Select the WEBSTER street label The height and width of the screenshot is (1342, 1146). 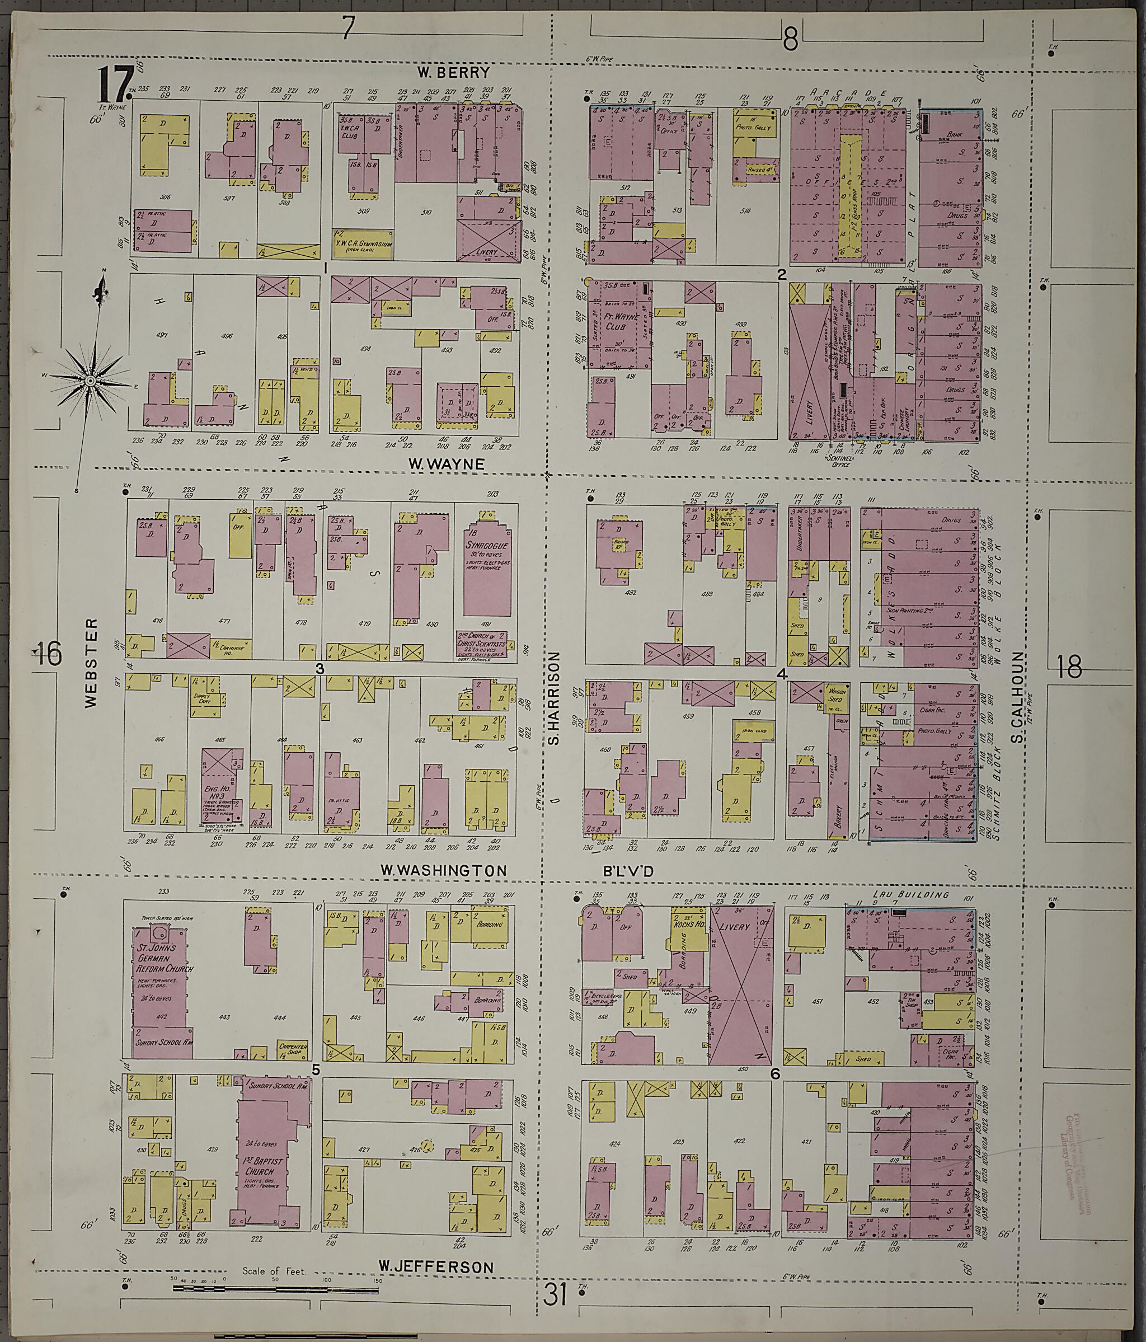point(91,663)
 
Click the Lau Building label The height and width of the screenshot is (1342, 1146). point(910,895)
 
